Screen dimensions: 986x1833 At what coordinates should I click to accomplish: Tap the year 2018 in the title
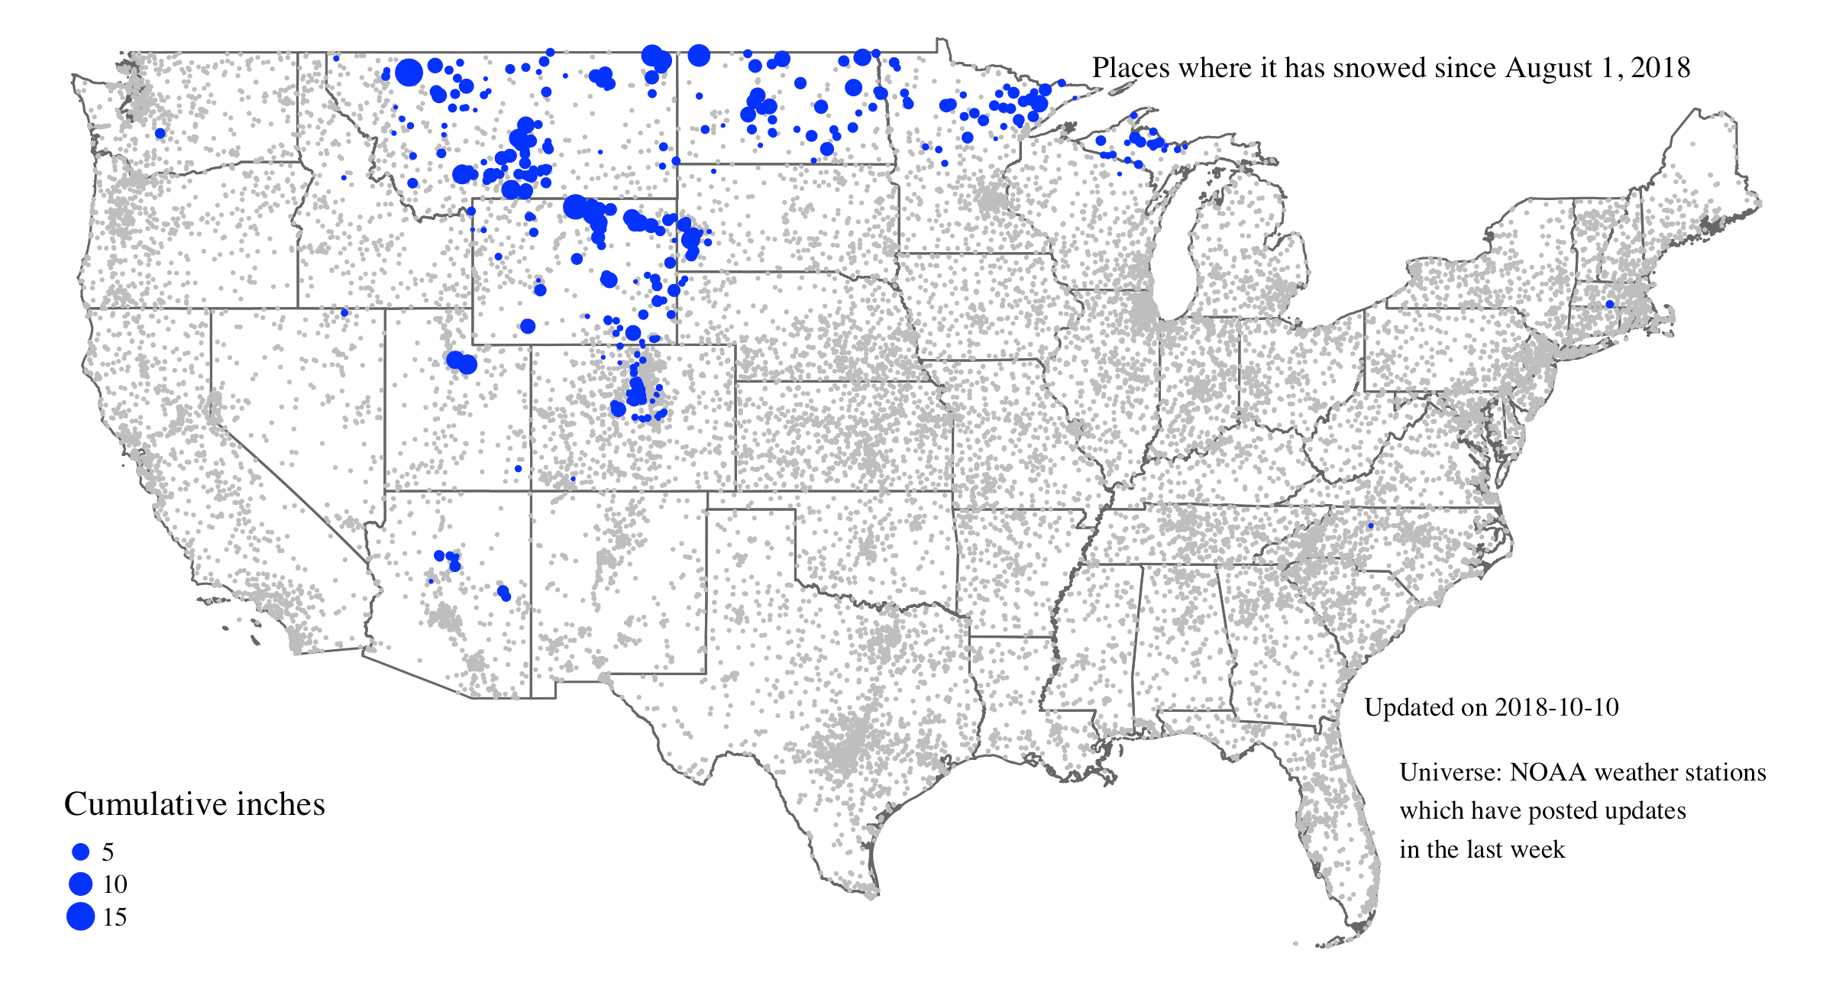[1660, 68]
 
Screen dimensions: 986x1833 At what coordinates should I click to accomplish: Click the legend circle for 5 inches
[80, 852]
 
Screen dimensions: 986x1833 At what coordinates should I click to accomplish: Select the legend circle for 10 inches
[80, 884]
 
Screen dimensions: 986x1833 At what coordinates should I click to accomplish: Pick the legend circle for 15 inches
[80, 916]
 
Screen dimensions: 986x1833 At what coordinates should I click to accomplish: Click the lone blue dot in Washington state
[160, 133]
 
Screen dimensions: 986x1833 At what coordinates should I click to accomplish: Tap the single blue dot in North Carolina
[1370, 525]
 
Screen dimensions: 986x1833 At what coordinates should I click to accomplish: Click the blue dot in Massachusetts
[1609, 304]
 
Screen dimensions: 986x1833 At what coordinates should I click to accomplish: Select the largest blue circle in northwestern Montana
[409, 73]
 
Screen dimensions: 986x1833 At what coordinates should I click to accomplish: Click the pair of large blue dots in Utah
[461, 362]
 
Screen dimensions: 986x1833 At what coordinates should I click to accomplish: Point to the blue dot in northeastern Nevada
[344, 312]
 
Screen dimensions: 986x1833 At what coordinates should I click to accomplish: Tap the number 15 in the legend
[115, 916]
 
